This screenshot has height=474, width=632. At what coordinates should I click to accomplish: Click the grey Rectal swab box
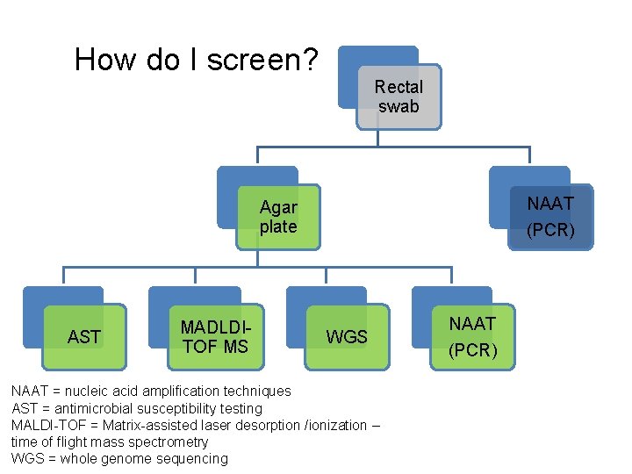(399, 97)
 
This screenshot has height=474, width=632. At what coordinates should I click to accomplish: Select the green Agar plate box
(278, 217)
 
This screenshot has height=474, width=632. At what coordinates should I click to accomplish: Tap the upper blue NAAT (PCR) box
(550, 217)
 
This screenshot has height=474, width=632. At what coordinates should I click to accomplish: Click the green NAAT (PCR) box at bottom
(473, 337)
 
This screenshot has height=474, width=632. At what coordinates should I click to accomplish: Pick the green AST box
(84, 337)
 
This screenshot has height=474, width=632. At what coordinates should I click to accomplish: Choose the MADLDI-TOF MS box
(215, 337)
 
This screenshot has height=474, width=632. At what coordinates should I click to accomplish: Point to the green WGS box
(347, 337)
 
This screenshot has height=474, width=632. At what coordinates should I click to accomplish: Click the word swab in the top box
(399, 106)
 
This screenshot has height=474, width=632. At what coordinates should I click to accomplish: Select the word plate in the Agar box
(278, 226)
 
